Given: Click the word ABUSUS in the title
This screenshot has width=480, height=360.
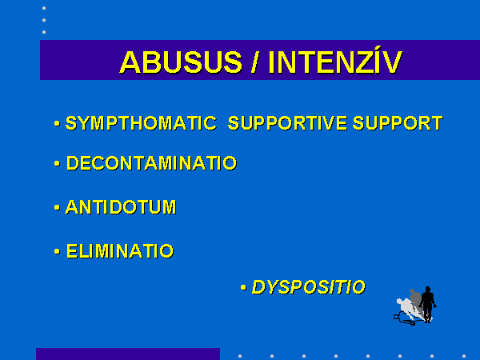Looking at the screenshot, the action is pyautogui.click(x=181, y=62).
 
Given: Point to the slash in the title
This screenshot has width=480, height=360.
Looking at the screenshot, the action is pyautogui.click(x=254, y=62).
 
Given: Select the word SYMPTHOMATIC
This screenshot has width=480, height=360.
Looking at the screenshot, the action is pyautogui.click(x=141, y=123).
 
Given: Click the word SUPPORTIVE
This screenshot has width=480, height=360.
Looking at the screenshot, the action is pyautogui.click(x=287, y=123).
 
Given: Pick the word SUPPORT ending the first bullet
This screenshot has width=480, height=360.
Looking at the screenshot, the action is pyautogui.click(x=398, y=123).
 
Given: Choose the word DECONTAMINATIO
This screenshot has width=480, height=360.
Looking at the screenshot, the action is pyautogui.click(x=152, y=163).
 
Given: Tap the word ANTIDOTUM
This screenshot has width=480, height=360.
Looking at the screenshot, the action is pyautogui.click(x=121, y=207).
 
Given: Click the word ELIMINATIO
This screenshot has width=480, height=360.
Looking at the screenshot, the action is pyautogui.click(x=120, y=251).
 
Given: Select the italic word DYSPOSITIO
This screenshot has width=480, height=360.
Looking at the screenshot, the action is pyautogui.click(x=309, y=287).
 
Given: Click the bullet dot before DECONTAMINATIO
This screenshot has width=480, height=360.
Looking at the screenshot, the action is pyautogui.click(x=57, y=163).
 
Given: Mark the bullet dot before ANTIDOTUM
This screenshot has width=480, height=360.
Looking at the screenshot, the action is pyautogui.click(x=57, y=208).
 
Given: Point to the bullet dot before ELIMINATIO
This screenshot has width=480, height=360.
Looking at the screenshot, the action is pyautogui.click(x=57, y=252).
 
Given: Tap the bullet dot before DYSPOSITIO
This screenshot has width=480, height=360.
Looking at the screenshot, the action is pyautogui.click(x=243, y=287).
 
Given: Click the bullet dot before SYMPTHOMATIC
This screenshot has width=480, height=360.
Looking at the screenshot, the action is pyautogui.click(x=57, y=124).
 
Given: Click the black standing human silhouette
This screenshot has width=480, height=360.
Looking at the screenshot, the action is pyautogui.click(x=428, y=304).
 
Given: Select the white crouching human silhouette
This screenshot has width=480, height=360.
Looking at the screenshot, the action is pyautogui.click(x=406, y=309).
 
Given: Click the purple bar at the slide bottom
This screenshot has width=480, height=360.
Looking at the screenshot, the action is pyautogui.click(x=128, y=354).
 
